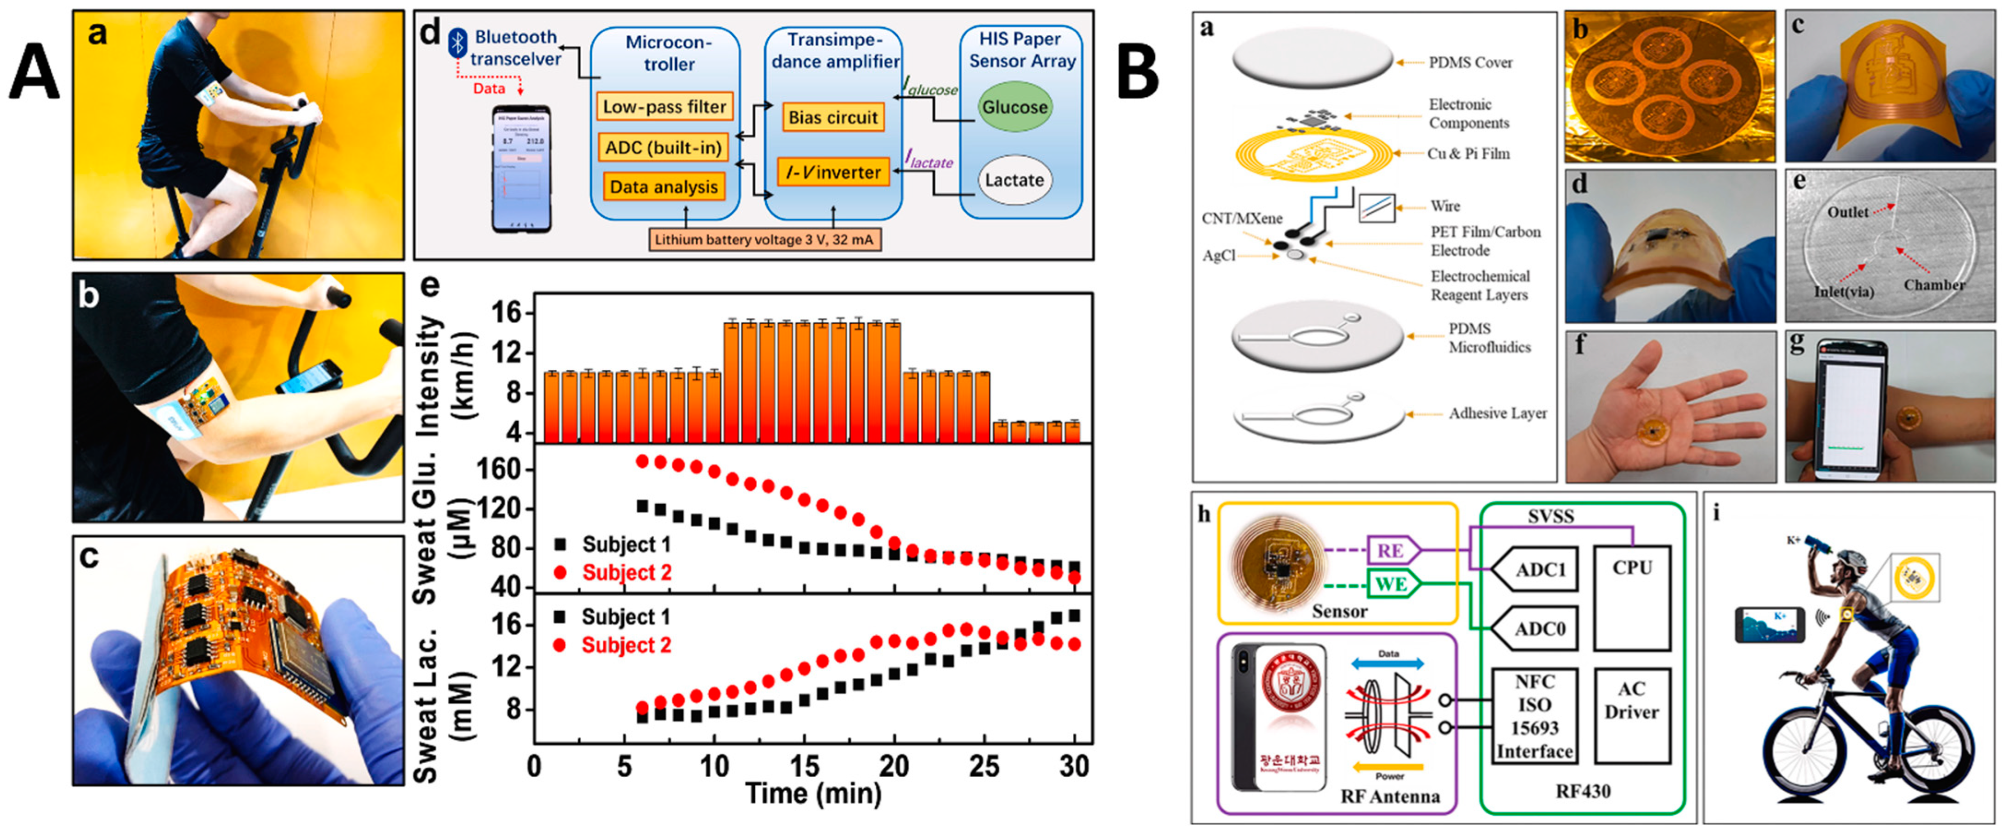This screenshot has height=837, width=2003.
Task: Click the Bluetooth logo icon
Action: pos(458,42)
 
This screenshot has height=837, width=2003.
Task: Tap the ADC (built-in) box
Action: pos(663,147)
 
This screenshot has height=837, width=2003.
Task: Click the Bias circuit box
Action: pos(833,117)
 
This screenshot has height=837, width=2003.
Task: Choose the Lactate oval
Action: pos(1014,180)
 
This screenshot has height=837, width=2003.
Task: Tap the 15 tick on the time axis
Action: pos(804,767)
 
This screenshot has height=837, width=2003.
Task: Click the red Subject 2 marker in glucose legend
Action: pos(560,573)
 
